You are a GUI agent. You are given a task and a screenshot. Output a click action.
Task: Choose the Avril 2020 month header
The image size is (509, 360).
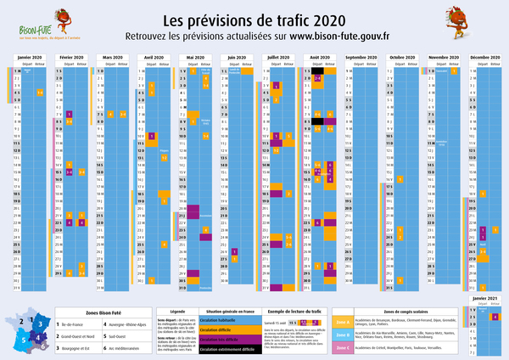pyautogui.click(x=154, y=58)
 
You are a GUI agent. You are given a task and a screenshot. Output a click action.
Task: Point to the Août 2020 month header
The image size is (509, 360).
pyautogui.click(x=320, y=58)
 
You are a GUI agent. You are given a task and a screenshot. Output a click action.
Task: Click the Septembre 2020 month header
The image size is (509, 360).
pyautogui.click(x=362, y=58)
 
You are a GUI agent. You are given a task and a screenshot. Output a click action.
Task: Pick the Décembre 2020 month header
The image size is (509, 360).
pyautogui.click(x=484, y=58)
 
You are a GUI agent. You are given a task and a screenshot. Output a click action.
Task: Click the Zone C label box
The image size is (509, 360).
pyautogui.click(x=343, y=347)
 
